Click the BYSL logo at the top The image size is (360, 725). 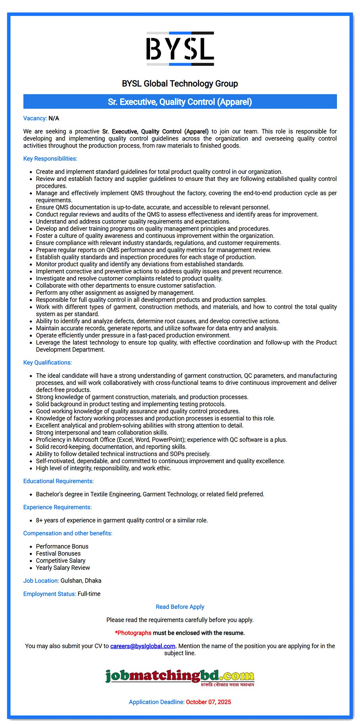180,49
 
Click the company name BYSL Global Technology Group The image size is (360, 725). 180,83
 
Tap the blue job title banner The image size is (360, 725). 180,102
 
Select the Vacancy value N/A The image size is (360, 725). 54,118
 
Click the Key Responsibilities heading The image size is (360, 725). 50,159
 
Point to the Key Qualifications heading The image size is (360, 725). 48,363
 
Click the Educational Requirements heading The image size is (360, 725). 58,481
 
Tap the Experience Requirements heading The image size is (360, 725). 57,507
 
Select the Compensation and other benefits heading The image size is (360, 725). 68,533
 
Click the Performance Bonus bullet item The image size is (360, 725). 62,546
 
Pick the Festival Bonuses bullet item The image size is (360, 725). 58,553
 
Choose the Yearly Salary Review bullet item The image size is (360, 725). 63,568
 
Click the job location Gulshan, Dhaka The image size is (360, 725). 81,581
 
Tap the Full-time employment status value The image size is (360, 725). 89,594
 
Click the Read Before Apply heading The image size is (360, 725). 180,607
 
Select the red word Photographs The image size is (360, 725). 134,633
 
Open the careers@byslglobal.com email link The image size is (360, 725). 143,646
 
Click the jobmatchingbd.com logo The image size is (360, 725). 180,677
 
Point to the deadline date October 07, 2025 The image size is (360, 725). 208,702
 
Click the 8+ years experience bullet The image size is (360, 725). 122,520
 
